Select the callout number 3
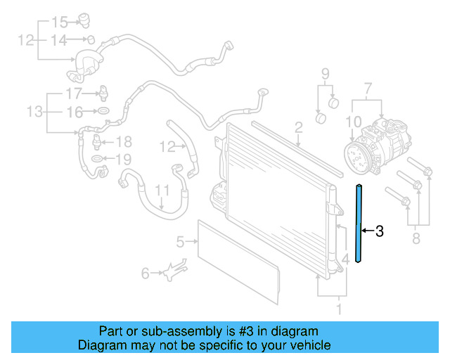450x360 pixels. click(x=380, y=231)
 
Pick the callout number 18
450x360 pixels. click(x=124, y=141)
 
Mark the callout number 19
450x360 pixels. click(x=123, y=159)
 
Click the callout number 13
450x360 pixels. click(x=34, y=111)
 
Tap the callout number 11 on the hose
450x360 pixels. click(x=162, y=190)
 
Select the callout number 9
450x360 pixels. click(x=326, y=74)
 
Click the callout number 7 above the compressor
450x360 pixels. click(x=366, y=89)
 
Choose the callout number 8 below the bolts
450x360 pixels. click(x=416, y=240)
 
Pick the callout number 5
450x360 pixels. click(x=180, y=243)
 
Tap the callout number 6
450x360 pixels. click(x=145, y=273)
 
